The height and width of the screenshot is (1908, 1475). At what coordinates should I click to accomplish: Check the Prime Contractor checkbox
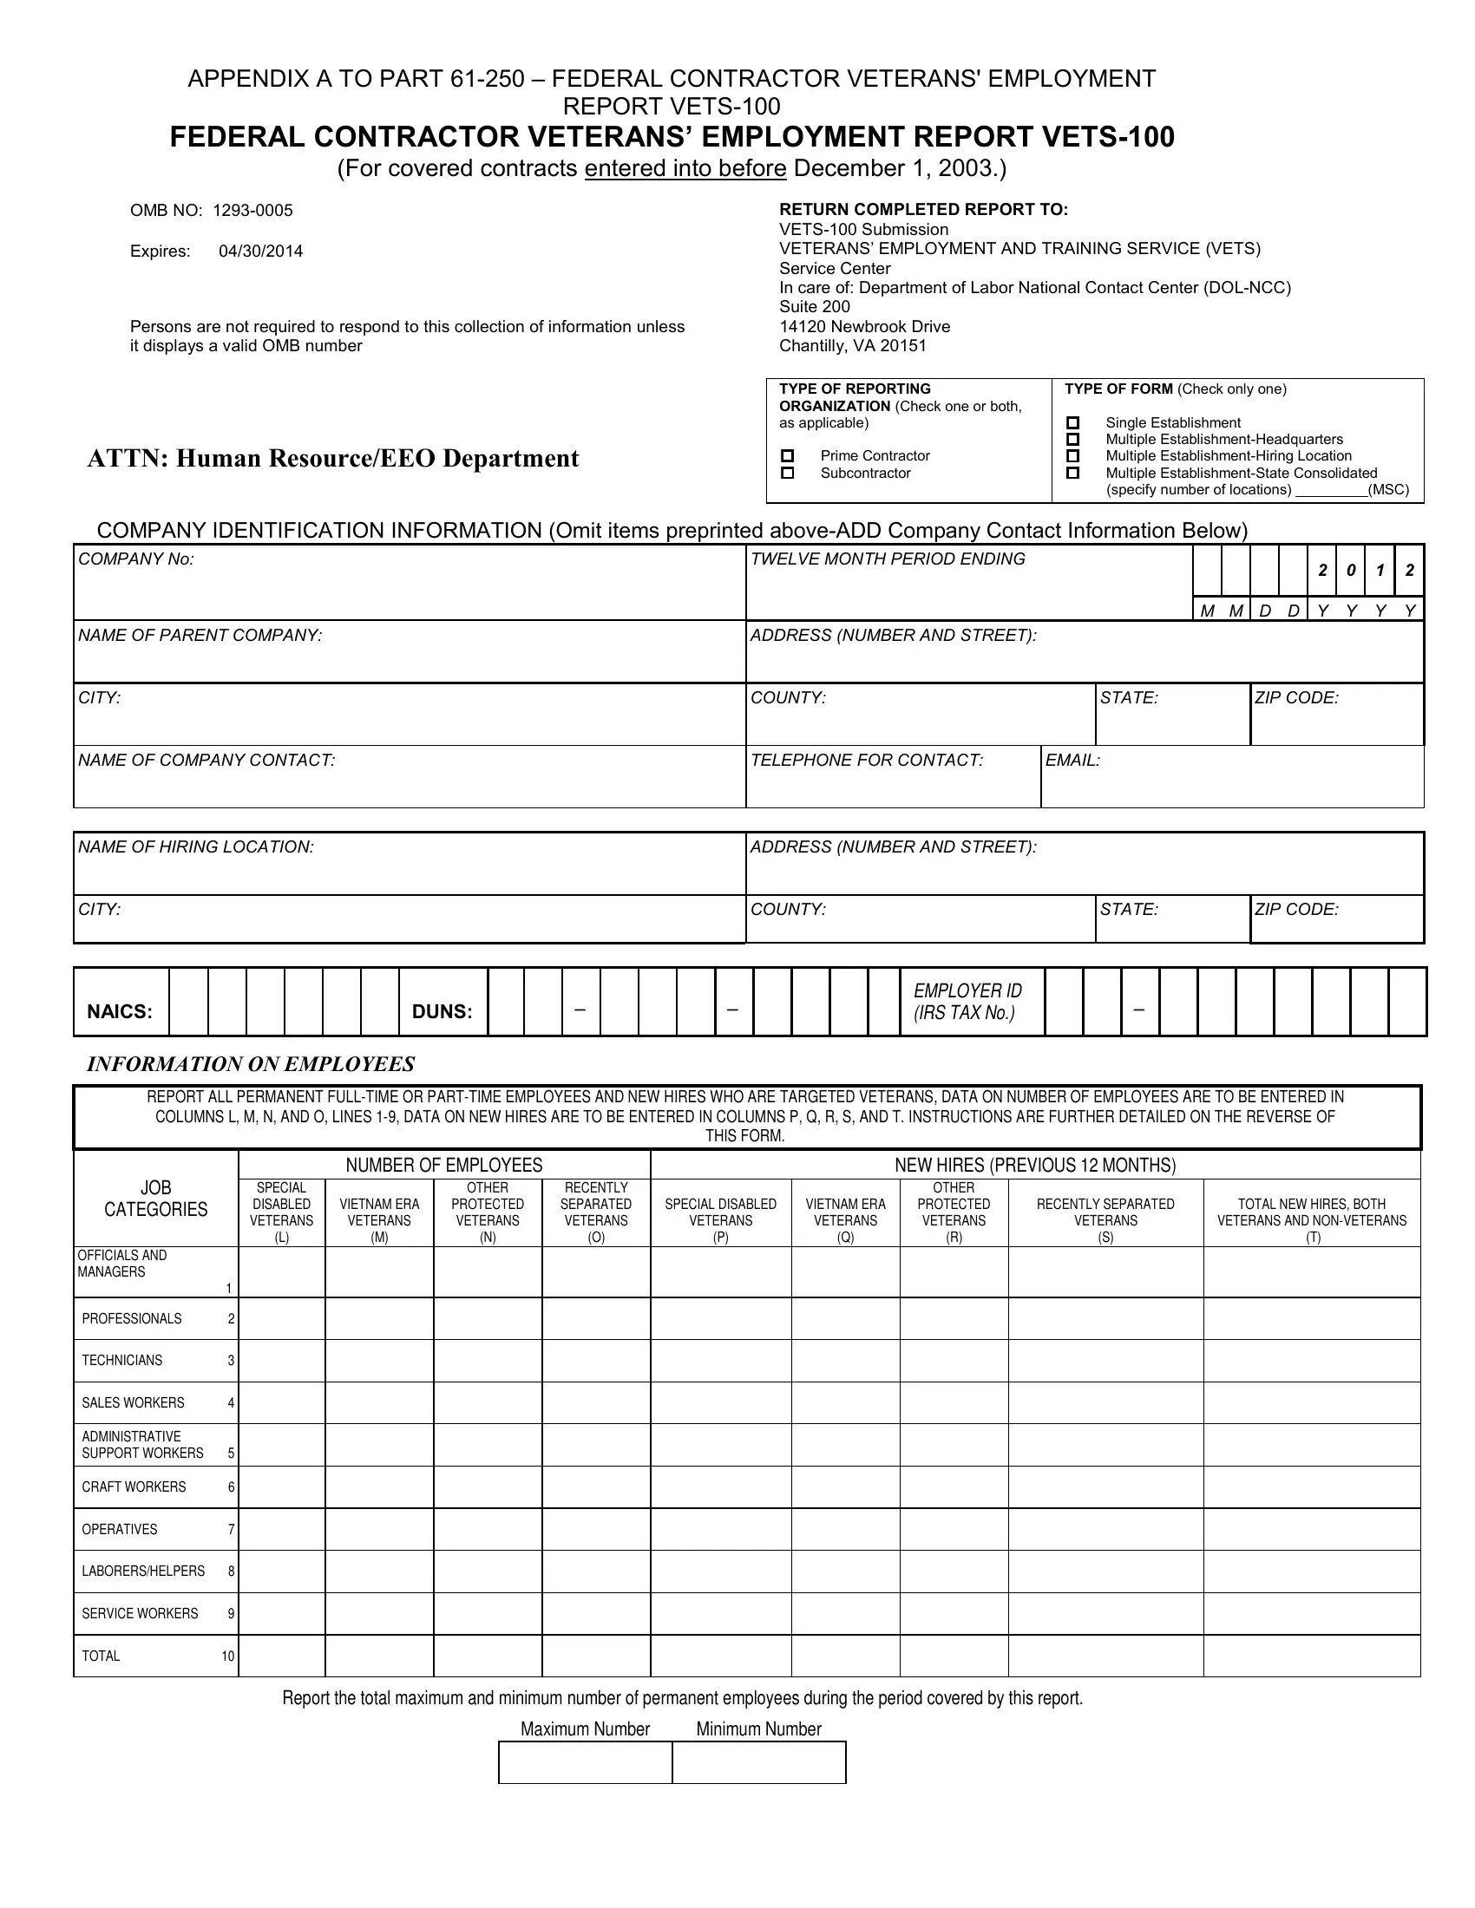click(787, 455)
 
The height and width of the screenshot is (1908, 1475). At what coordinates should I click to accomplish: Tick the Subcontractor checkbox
click(787, 473)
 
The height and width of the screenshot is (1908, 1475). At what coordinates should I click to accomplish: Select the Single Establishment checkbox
click(1073, 423)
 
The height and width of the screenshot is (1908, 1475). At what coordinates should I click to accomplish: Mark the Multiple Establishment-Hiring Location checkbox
click(1073, 456)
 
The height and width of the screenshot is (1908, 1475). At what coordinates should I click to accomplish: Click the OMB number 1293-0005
click(252, 211)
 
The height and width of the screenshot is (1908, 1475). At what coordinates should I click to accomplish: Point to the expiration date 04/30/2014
click(260, 252)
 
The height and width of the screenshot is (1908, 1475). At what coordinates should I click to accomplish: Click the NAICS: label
click(120, 1011)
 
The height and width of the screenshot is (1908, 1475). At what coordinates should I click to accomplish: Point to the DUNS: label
click(442, 1011)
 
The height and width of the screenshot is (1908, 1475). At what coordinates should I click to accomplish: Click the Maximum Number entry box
click(585, 1762)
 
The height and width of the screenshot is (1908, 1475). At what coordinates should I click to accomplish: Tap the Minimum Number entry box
click(758, 1762)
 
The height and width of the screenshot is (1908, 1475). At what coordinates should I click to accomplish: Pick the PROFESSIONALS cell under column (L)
click(281, 1318)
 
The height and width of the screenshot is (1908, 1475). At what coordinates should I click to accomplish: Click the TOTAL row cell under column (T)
click(1312, 1656)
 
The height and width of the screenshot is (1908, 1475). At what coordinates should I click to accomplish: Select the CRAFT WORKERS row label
click(134, 1487)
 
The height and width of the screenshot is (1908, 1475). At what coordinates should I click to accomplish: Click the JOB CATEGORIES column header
click(155, 1199)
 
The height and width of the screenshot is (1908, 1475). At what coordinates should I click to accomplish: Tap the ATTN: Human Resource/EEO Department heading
click(333, 459)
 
